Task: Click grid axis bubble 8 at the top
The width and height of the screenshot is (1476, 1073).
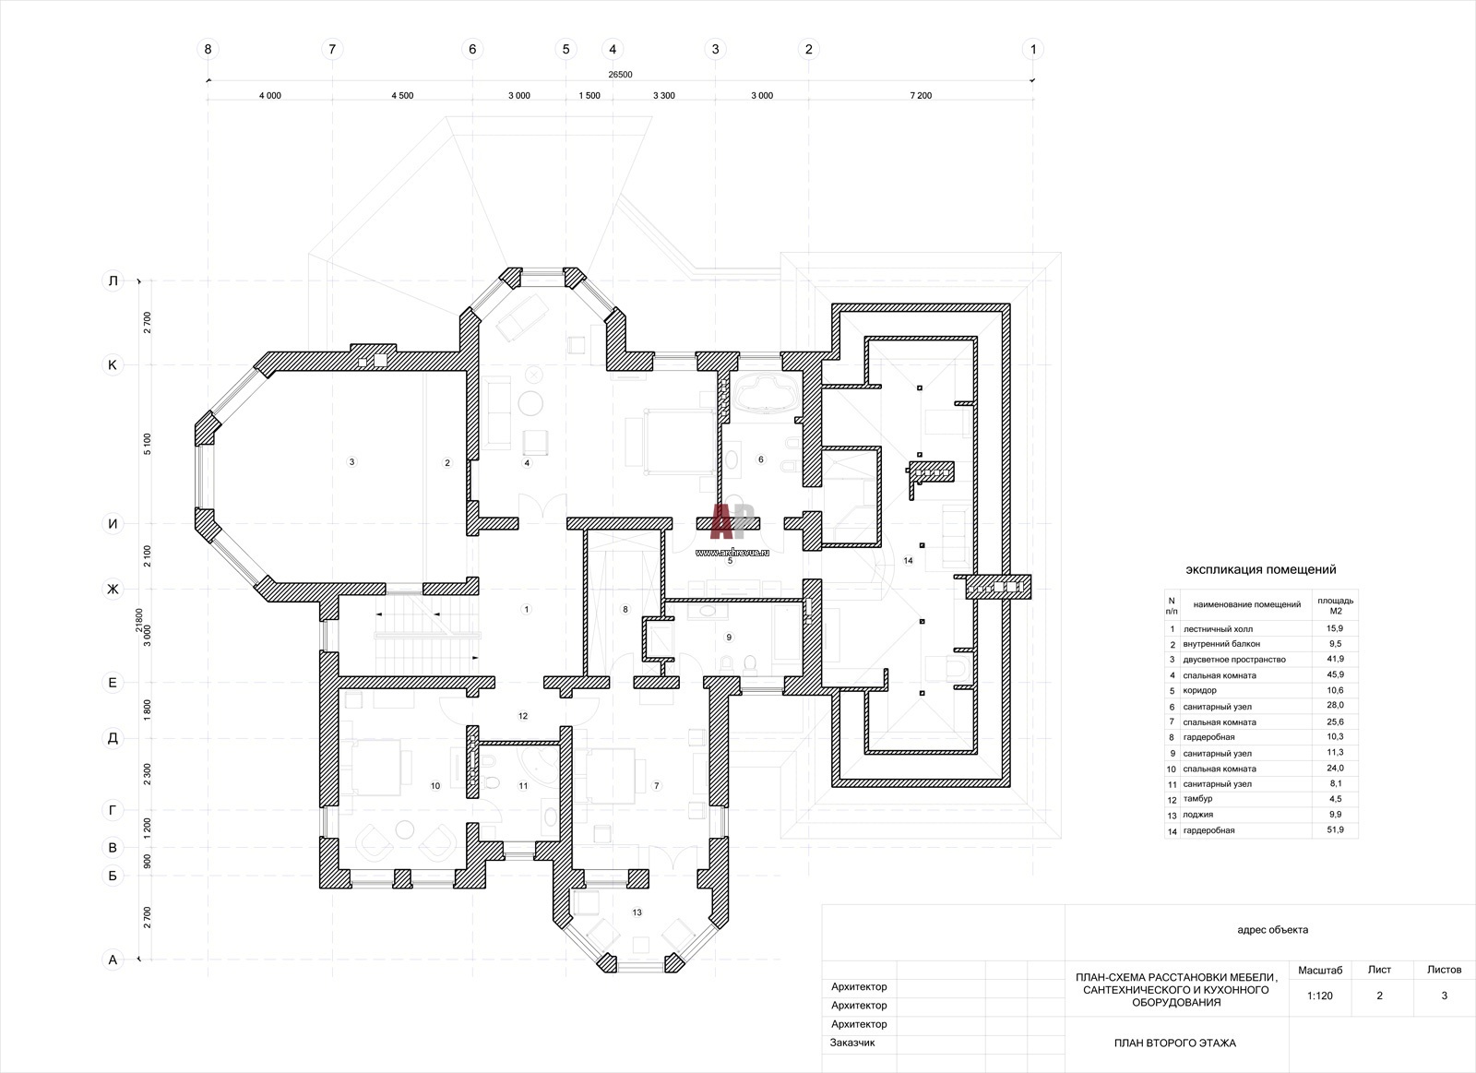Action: [208, 49]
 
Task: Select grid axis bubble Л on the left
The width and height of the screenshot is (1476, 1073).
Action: [113, 280]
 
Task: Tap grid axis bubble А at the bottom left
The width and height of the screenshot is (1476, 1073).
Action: [113, 960]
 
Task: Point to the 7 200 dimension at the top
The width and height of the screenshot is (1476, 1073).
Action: [921, 96]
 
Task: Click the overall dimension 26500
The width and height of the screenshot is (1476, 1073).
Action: [620, 75]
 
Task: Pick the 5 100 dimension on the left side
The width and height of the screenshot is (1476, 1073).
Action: [147, 444]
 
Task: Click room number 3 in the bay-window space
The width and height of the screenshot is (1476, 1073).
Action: [351, 462]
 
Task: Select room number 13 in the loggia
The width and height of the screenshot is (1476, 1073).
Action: [637, 912]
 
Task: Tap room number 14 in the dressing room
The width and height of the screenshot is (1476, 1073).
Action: [908, 560]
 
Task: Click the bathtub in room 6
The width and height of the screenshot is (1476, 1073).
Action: [768, 393]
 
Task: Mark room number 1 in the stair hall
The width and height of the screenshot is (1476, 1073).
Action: [526, 609]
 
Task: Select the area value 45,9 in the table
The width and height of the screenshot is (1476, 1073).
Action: [1335, 674]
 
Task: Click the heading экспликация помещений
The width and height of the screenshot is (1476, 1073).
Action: [1261, 569]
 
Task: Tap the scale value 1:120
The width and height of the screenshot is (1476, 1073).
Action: [1320, 996]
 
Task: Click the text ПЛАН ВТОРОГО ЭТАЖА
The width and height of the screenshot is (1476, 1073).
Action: [1175, 1043]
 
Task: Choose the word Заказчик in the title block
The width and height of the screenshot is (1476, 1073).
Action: [852, 1042]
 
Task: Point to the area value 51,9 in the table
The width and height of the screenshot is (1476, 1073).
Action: [1335, 829]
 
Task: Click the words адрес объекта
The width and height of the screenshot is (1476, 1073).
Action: [1272, 929]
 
